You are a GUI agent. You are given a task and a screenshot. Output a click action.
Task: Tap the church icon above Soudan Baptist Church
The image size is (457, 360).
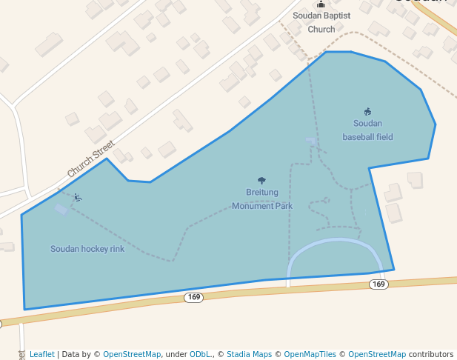[321, 4]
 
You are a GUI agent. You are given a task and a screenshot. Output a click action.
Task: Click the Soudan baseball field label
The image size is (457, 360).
[367, 130]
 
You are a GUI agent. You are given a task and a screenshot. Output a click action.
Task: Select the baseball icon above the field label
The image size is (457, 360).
[367, 112]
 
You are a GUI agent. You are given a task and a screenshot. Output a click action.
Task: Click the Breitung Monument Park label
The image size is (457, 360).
[262, 199]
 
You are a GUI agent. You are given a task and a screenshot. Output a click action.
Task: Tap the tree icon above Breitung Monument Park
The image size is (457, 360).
[261, 180]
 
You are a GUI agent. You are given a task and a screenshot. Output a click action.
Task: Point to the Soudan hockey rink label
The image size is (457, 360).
[87, 249]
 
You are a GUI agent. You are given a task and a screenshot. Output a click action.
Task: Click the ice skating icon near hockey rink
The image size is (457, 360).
[78, 198]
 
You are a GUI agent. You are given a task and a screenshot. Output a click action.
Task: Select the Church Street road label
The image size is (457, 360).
[91, 159]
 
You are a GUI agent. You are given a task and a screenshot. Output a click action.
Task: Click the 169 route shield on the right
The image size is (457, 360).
[378, 284]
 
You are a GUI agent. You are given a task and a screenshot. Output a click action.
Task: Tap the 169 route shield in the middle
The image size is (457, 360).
[193, 297]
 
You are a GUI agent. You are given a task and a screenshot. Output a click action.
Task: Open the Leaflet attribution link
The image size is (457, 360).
[41, 354]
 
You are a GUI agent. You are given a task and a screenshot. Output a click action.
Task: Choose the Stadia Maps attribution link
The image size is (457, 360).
[248, 354]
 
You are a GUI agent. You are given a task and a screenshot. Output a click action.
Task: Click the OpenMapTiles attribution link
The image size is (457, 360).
[309, 354]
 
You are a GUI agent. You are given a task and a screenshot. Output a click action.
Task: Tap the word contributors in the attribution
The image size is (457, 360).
[431, 354]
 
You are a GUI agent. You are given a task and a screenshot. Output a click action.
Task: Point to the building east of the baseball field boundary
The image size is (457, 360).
[415, 179]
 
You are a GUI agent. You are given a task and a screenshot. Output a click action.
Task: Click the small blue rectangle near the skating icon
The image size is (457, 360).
[61, 210]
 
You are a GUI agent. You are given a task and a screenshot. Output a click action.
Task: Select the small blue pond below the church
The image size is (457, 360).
[311, 140]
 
